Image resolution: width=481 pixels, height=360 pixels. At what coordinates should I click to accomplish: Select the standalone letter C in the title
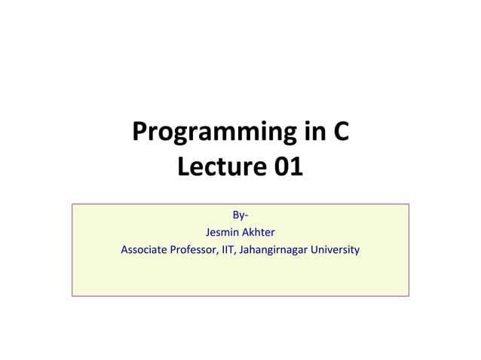click(341, 133)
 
